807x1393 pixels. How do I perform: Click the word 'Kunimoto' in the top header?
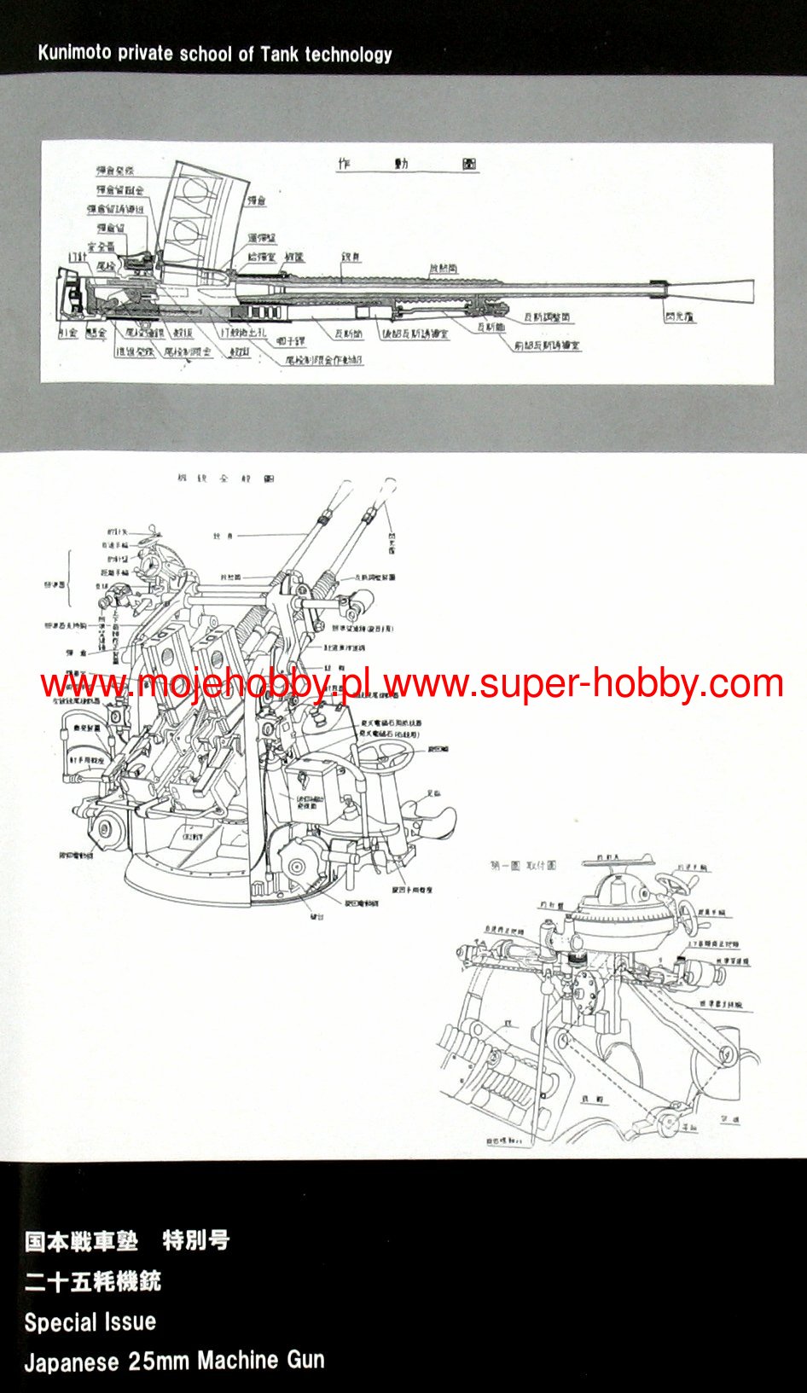tap(75, 55)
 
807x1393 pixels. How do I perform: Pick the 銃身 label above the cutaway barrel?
tap(350, 256)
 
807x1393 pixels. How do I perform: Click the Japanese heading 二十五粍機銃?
tap(92, 1281)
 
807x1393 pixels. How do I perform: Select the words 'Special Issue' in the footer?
tap(90, 1322)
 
